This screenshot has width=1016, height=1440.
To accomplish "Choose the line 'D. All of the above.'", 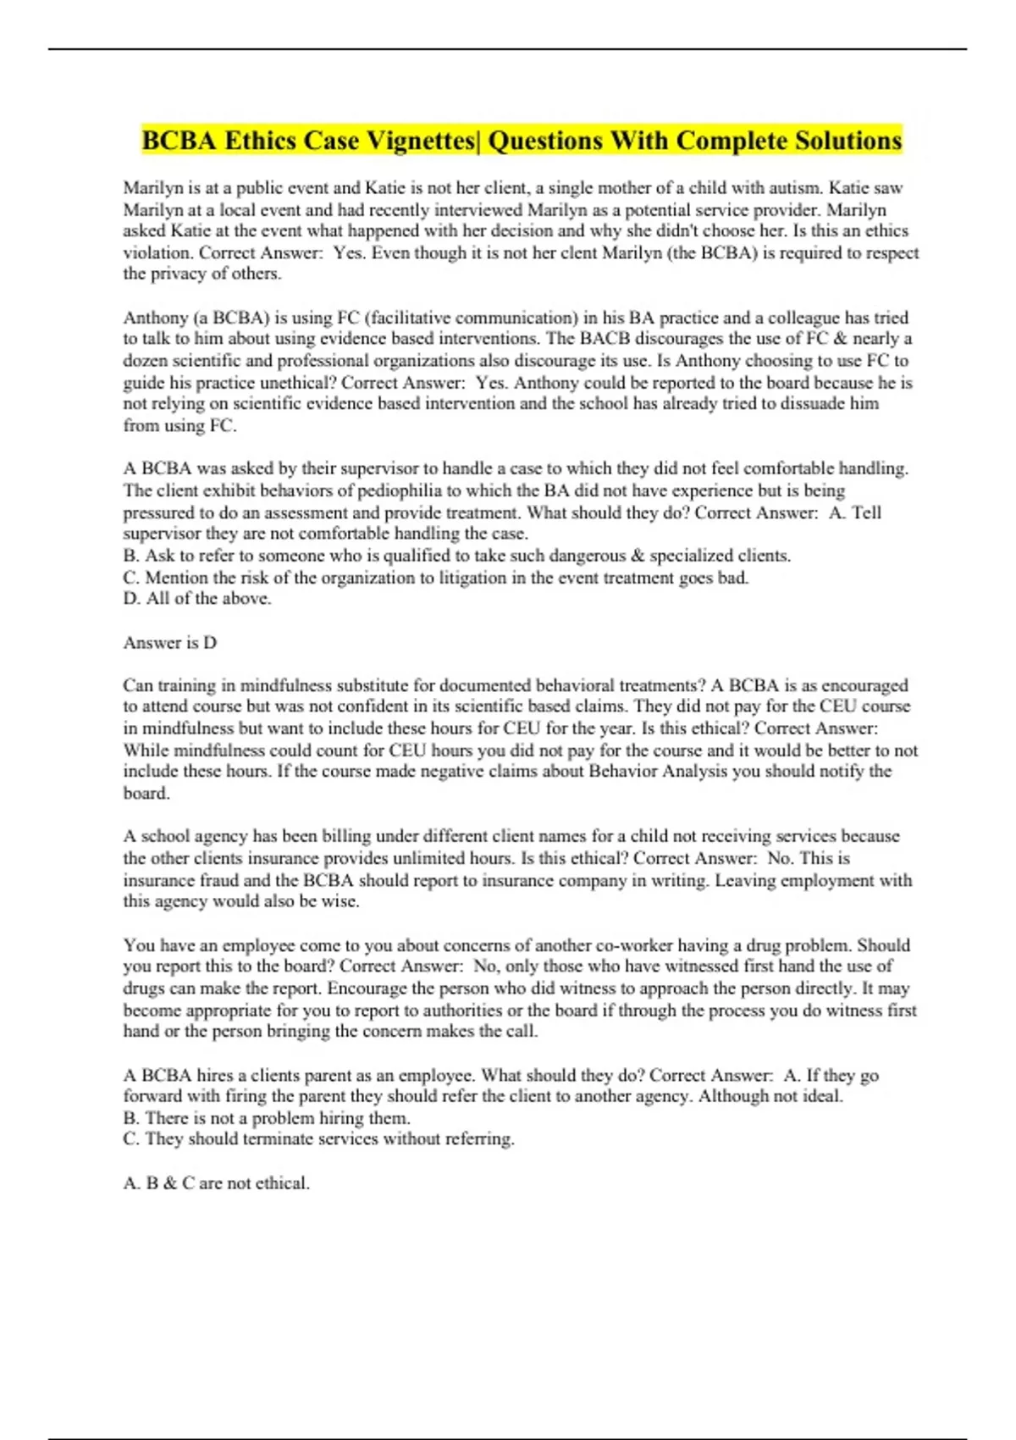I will (x=197, y=599).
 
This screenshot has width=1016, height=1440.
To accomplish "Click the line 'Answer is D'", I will (x=170, y=643).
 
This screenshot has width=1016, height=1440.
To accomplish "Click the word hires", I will (x=216, y=1076).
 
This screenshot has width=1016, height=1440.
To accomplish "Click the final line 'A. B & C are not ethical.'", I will (x=217, y=1183).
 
